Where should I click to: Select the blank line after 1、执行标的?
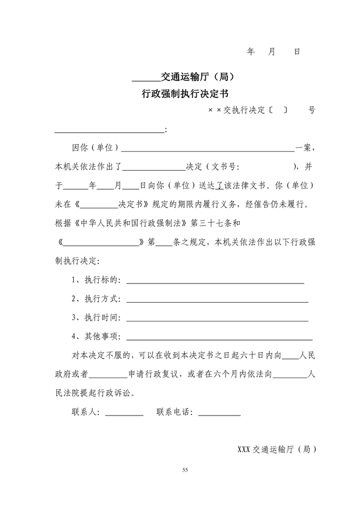pos(215,281)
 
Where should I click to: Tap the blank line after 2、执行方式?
pos(217,299)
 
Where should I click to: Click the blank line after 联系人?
pos(124,413)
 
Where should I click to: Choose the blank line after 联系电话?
pos(219,413)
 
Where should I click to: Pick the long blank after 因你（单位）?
pos(207,149)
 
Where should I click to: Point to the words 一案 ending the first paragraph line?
pos(302,148)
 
